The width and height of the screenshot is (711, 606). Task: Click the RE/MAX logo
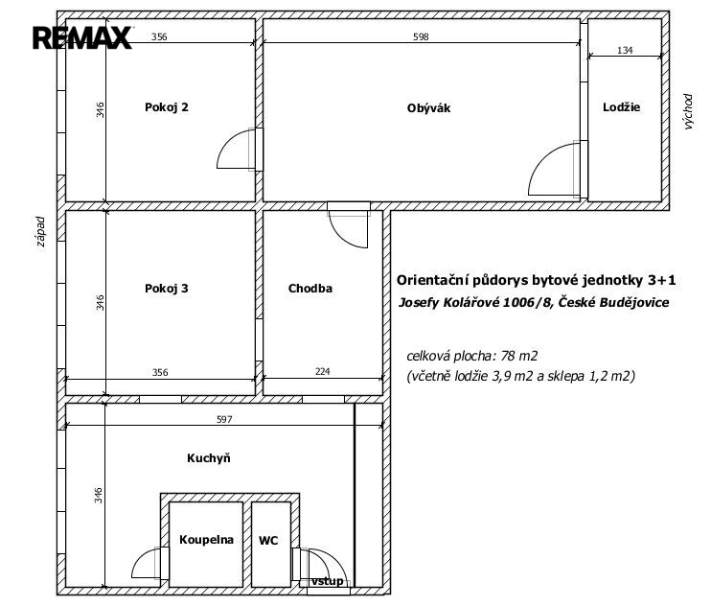pos(82,37)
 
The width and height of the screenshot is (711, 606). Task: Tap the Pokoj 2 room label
pos(167,107)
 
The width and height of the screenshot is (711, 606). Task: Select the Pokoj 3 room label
pos(167,289)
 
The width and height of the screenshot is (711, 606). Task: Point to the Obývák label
pos(428,108)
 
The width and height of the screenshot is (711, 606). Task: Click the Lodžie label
pos(621,107)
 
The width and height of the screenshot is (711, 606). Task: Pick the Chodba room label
pos(310,289)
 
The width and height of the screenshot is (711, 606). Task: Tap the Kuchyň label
pos(209,457)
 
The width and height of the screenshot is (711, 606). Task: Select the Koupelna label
pos(206,540)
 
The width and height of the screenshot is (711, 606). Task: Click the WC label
pos(268,540)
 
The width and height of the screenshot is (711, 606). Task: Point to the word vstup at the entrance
pos(327,581)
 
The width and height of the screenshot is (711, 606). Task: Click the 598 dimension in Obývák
pos(421,36)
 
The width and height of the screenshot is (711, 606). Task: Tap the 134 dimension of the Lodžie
pos(625,51)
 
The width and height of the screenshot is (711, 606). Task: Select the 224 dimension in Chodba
pos(322,371)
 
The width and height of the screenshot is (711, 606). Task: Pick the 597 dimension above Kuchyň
pos(224,420)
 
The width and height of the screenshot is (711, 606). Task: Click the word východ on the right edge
pos(688,111)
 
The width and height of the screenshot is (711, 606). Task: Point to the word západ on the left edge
pos(41,232)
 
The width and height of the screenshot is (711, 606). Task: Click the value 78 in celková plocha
pos(508,356)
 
